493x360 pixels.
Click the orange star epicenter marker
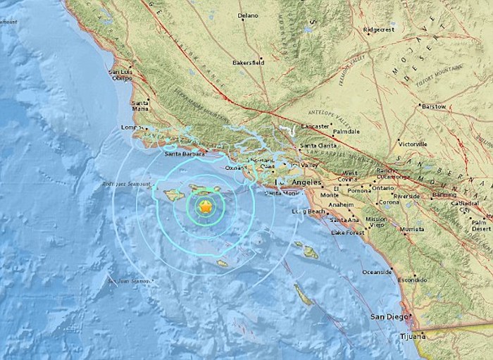pyautogui.click(x=204, y=207)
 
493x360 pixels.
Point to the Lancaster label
pyautogui.click(x=316, y=126)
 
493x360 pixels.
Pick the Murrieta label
pyautogui.click(x=408, y=230)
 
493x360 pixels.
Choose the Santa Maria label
pyautogui.click(x=140, y=106)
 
